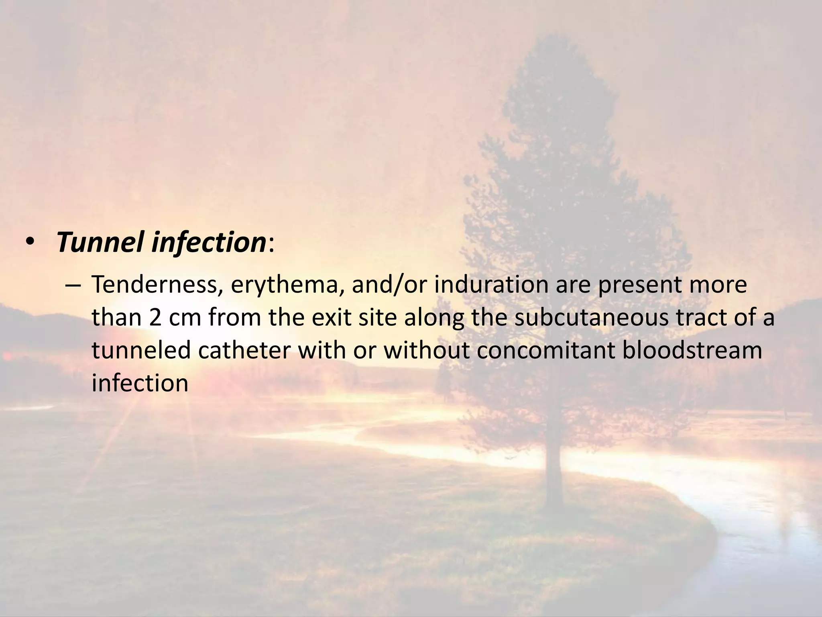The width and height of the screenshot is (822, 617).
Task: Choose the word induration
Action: (491, 285)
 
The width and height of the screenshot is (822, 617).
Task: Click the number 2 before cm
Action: (154, 318)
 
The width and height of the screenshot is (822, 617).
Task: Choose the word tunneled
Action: (141, 350)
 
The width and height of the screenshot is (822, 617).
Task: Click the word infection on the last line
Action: (140, 383)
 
